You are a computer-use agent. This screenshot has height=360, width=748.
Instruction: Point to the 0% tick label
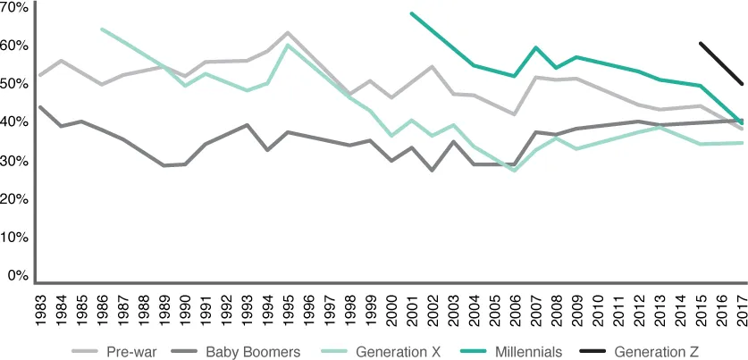(x=18, y=277)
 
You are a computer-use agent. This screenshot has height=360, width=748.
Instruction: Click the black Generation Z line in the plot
(x=721, y=63)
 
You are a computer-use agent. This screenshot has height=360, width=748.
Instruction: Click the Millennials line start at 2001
(x=411, y=13)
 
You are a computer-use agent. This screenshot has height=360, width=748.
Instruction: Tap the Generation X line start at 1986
(x=103, y=29)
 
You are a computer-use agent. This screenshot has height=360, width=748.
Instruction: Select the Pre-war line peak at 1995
(x=288, y=33)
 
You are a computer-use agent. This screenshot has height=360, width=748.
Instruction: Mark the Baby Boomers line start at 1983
(x=40, y=107)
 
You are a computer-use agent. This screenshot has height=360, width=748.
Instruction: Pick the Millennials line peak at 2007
(x=535, y=47)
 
